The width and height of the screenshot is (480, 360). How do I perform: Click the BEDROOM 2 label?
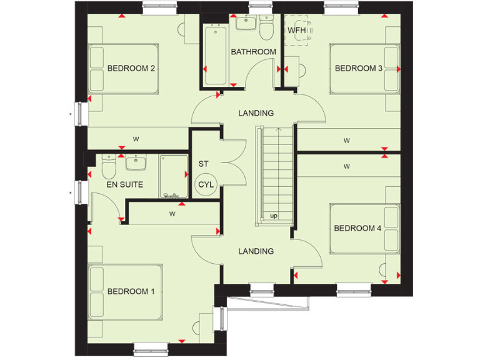point(131,68)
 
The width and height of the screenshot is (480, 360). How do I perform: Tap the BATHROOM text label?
point(253,52)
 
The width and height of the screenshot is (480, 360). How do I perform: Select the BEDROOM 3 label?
point(358,68)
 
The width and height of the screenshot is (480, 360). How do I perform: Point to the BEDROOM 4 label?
point(357,228)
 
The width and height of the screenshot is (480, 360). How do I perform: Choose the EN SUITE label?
point(124,184)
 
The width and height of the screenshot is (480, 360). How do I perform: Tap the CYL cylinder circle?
point(206,184)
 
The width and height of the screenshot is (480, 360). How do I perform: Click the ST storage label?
point(203,164)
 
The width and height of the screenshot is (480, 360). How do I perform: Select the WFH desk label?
point(296,30)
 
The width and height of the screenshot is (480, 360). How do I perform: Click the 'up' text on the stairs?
point(274,216)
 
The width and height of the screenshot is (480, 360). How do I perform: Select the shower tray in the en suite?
point(172,177)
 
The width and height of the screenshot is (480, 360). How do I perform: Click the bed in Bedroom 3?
point(364,69)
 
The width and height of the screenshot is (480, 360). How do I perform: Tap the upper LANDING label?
point(256,113)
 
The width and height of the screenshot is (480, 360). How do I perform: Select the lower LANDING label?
point(256,251)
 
